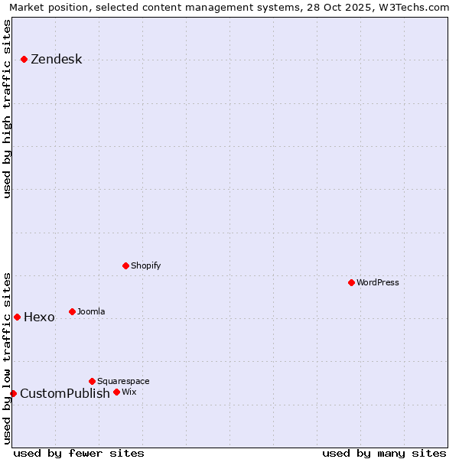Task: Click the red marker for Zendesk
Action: [24, 59]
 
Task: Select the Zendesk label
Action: [56, 60]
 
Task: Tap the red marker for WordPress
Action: [351, 282]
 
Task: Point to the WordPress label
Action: [377, 282]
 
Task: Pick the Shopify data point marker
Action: [125, 265]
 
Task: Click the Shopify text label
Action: [145, 265]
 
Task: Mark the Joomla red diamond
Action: [72, 311]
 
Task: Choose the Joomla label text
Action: [91, 311]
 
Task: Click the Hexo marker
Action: [17, 317]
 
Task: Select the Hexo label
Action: [39, 317]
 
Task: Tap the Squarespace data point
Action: [92, 381]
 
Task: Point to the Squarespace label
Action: [123, 381]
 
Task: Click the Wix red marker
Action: [116, 392]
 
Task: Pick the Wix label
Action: [129, 392]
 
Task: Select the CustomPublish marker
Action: [13, 393]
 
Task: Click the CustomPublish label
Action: [64, 394]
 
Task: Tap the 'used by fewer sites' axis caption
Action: [79, 453]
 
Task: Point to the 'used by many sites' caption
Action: [384, 453]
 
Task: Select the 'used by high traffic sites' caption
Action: [8, 109]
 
